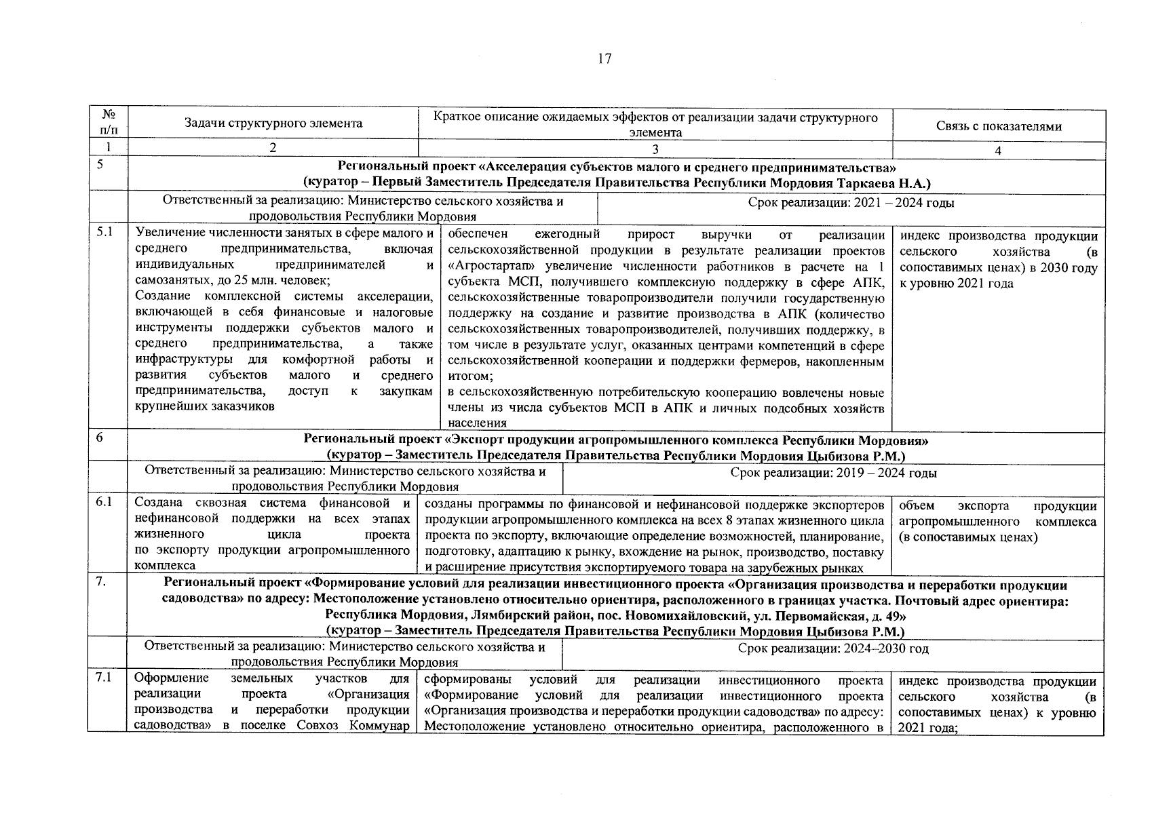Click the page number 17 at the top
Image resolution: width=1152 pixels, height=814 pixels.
pos(604,59)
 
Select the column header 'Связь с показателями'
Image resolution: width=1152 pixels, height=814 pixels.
pos(999,126)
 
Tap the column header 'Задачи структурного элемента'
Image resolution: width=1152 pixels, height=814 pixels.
pos(273,123)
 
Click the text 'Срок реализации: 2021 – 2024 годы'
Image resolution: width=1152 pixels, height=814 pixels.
pos(851,203)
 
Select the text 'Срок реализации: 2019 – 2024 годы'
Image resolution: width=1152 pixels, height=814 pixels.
pos(833,473)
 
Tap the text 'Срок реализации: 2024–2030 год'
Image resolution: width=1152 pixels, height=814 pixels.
pos(833,648)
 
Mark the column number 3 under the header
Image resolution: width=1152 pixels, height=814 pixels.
pos(655,151)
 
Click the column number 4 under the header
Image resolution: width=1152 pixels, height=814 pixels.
pos(998,151)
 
